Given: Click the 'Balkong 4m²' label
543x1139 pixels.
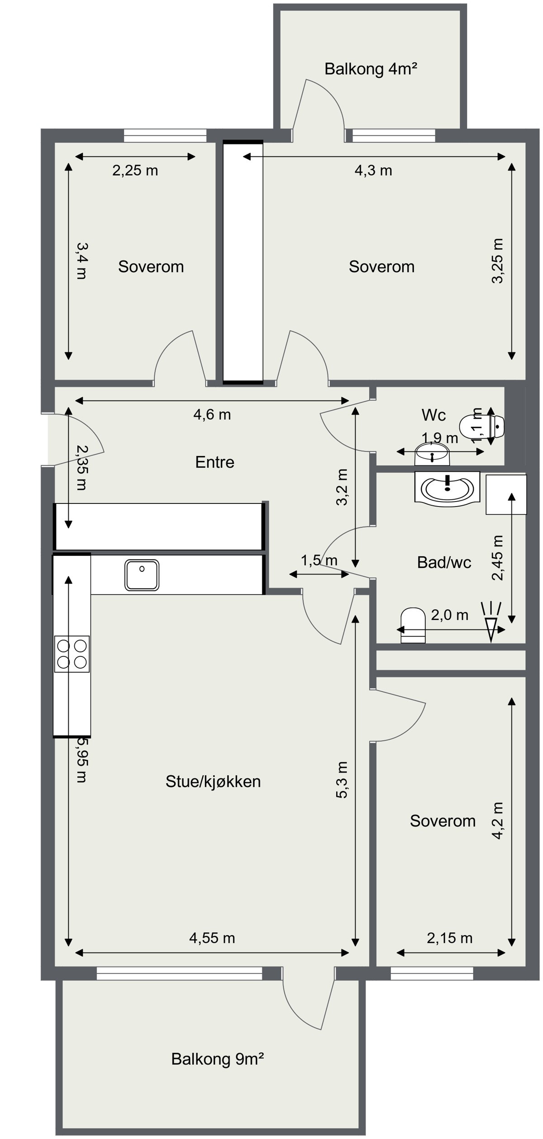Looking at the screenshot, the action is tap(371, 69).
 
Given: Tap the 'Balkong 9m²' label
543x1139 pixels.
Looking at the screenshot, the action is tap(217, 1059).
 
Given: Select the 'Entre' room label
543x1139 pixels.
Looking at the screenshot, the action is tap(214, 462).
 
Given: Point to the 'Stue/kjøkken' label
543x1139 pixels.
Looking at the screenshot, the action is tap(213, 781).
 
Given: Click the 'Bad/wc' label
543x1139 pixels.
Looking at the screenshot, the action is tap(444, 562).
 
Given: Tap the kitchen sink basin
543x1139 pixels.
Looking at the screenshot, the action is tap(142, 575).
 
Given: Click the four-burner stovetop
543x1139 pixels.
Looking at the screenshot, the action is tap(72, 654).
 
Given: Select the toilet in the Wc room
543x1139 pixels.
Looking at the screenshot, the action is tap(482, 426).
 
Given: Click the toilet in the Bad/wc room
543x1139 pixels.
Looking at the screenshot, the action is tap(413, 625).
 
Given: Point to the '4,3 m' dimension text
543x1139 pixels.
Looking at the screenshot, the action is tap(373, 171).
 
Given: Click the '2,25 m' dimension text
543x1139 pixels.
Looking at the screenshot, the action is tap(135, 171).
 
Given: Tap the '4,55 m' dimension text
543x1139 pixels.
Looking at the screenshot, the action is tap(212, 938).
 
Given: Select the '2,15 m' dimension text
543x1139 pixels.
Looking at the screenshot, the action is tap(450, 938).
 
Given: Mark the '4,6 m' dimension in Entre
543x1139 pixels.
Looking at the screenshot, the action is tap(212, 414).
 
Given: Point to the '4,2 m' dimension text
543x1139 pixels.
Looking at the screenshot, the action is tap(498, 821).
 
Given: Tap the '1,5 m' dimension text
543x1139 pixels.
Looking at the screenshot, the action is tap(319, 560).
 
